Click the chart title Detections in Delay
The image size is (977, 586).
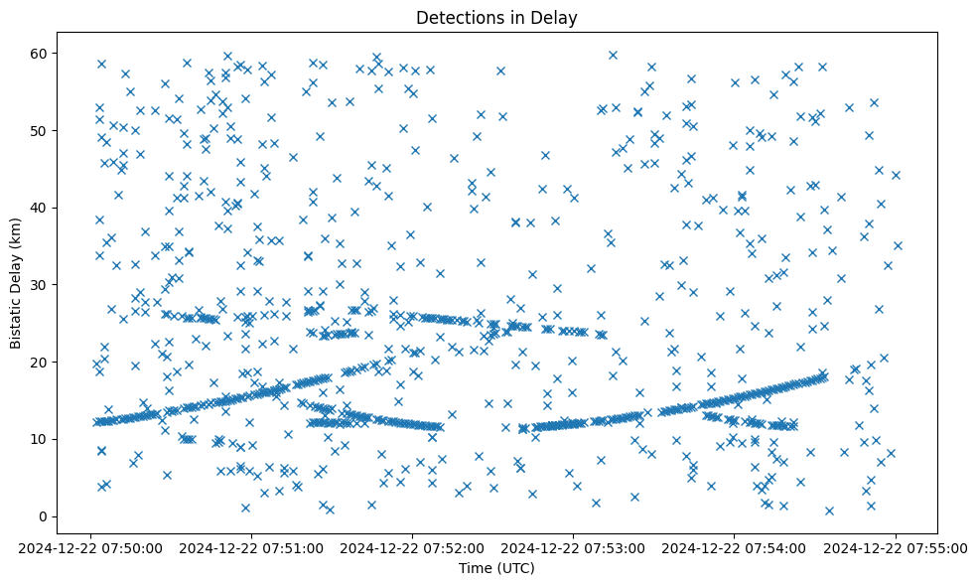[x=496, y=17]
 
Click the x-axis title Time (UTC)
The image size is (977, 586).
[x=496, y=568]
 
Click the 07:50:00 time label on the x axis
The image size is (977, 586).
[x=92, y=547]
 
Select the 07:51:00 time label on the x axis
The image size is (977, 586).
[x=252, y=547]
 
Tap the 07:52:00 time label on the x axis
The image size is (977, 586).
[x=413, y=547]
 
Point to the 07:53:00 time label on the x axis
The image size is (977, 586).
[x=574, y=547]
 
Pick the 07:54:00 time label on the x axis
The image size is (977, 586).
[x=735, y=547]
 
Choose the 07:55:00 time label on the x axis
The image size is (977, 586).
[x=896, y=547]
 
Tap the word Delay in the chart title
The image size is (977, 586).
[x=558, y=17]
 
